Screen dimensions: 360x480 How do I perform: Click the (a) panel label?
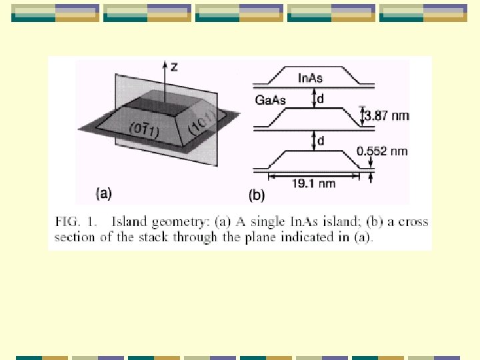click(104, 194)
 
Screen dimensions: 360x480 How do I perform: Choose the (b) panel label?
click(257, 195)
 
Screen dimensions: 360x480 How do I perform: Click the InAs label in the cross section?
click(311, 79)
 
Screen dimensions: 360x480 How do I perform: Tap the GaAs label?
click(271, 101)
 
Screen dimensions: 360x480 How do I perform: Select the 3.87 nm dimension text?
click(387, 116)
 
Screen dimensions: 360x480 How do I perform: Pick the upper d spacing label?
click(321, 99)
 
